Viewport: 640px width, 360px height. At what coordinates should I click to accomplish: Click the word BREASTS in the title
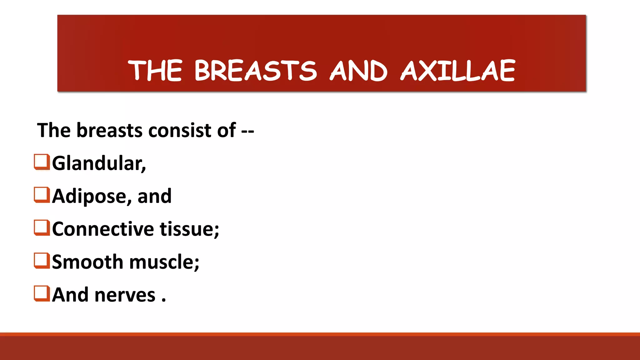256,71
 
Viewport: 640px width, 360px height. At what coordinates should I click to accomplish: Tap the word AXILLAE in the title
458,71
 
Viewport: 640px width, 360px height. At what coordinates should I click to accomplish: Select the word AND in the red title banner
359,71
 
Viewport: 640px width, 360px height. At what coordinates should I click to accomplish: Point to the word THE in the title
155,71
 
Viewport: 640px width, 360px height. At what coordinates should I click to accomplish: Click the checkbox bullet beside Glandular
42,162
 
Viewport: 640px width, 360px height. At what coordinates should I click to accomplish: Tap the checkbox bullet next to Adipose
42,195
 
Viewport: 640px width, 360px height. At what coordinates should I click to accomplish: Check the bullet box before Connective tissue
42,227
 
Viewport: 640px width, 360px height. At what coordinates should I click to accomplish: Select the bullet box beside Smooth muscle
42,260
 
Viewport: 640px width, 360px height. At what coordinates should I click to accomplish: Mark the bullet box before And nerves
42,293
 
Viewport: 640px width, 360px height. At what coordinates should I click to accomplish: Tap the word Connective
103,229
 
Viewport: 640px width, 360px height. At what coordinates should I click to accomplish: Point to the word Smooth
87,262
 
